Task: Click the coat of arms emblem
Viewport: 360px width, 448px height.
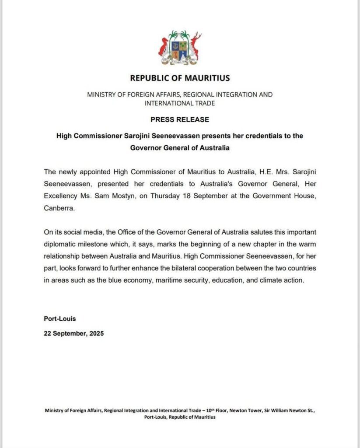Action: pyautogui.click(x=180, y=47)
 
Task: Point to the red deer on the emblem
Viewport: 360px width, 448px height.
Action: pyautogui.click(x=195, y=46)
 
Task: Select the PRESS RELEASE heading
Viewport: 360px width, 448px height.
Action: pyautogui.click(x=180, y=119)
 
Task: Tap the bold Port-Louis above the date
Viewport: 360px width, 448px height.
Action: pyautogui.click(x=60, y=318)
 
